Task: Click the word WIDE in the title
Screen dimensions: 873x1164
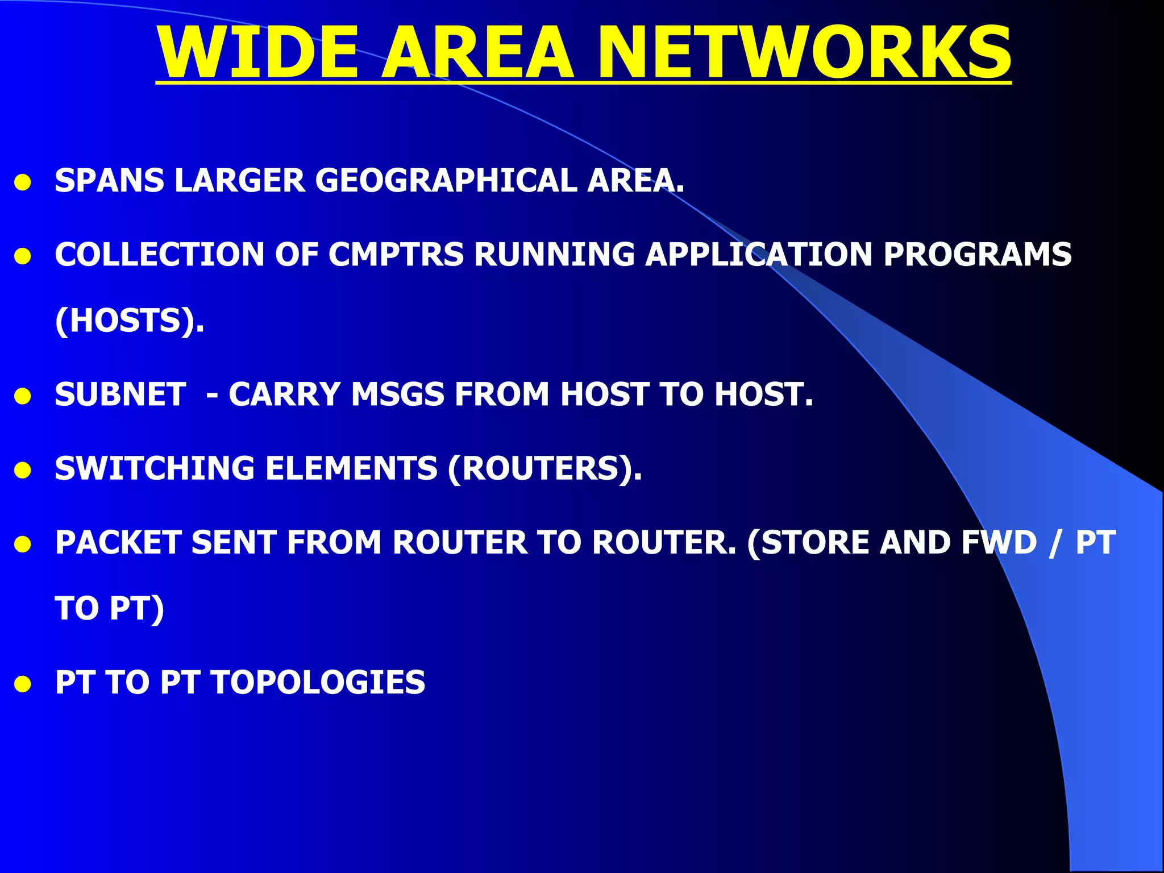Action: point(257,52)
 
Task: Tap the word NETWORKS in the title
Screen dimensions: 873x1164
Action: point(804,52)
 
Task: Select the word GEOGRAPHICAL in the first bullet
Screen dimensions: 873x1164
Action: point(446,181)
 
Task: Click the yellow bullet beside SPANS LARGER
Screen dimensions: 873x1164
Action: point(23,183)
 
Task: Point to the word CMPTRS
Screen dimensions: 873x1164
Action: point(396,254)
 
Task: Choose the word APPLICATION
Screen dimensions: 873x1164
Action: point(759,254)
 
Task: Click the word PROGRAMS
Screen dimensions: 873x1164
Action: point(977,254)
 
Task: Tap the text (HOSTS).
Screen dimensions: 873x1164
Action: point(130,321)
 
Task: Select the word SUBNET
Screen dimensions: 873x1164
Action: point(120,394)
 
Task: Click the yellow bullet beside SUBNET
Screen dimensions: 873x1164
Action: point(23,397)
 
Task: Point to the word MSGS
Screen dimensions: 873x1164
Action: point(397,394)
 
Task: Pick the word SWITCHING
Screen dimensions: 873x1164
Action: point(155,468)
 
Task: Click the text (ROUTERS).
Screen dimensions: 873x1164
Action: point(544,468)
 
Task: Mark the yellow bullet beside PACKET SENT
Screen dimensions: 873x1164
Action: point(23,544)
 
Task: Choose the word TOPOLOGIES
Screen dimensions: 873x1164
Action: point(318,682)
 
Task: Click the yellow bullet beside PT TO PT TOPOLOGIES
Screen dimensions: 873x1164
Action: point(23,684)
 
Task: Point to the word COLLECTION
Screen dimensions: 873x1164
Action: point(160,254)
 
